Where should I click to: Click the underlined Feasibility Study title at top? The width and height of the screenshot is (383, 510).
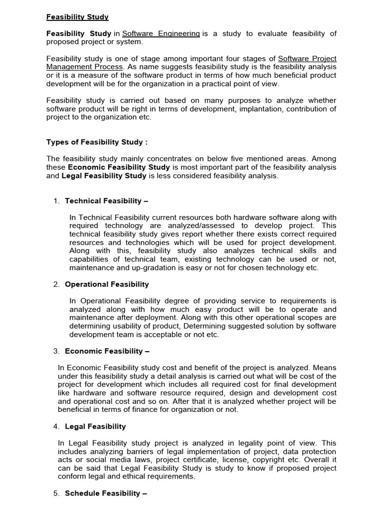77,17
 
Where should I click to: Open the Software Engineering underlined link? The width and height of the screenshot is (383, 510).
161,33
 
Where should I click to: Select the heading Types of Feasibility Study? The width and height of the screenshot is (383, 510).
97,142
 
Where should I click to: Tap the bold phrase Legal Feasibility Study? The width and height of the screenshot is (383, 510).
104,175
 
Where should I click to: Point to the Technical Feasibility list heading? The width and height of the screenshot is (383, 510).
107,201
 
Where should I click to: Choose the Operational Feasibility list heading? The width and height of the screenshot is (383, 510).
107,284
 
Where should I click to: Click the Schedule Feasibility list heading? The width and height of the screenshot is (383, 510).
106,493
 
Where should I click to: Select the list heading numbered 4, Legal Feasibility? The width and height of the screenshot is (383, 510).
95,426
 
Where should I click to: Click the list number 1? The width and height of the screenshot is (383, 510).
56,201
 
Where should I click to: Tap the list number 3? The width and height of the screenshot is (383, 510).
56,351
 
